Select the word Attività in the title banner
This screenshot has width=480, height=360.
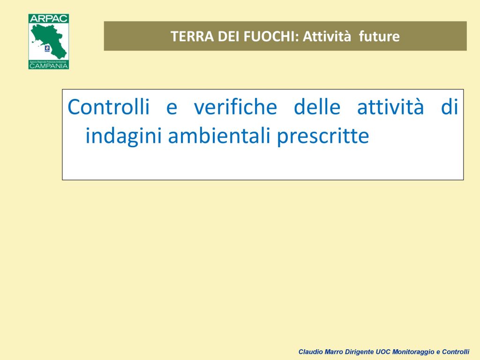point(327,37)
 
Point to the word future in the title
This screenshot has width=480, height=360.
point(379,37)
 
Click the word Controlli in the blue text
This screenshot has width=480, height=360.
point(109,107)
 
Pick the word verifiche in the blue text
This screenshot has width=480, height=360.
point(235,107)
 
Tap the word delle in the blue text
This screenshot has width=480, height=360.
point(317,107)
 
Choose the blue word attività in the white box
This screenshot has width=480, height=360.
point(390,107)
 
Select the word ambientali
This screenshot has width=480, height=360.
point(219,135)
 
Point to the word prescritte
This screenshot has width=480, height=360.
point(323,136)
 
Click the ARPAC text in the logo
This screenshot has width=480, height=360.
point(49,18)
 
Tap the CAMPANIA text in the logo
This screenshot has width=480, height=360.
point(49,66)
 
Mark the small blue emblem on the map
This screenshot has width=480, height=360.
point(47,48)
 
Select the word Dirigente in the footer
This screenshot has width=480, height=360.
point(360,352)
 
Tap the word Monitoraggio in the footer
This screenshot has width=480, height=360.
point(413,352)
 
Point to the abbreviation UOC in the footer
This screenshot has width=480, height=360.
point(383,352)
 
